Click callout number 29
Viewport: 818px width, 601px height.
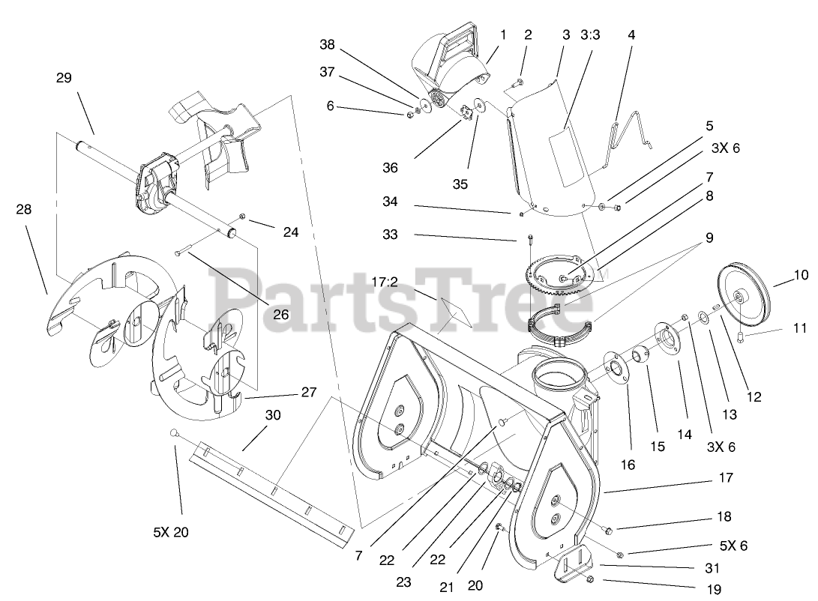pyautogui.click(x=64, y=77)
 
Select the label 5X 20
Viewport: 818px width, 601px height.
pyautogui.click(x=171, y=532)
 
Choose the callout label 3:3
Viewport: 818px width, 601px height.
pyautogui.click(x=590, y=35)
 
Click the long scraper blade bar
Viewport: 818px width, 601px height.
pyautogui.click(x=270, y=488)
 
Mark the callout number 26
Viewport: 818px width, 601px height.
pyautogui.click(x=280, y=314)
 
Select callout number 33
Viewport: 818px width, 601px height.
pyautogui.click(x=391, y=235)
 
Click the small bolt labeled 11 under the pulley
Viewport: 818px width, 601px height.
pyautogui.click(x=742, y=336)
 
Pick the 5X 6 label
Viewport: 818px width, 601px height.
pyautogui.click(x=733, y=546)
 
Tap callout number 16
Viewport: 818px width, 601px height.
pyautogui.click(x=628, y=465)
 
